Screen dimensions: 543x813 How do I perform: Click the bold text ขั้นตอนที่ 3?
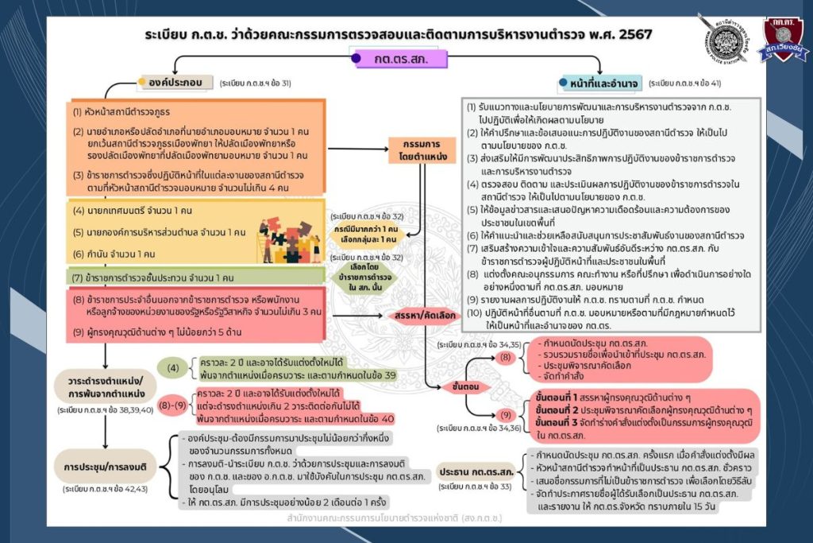[564, 421]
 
